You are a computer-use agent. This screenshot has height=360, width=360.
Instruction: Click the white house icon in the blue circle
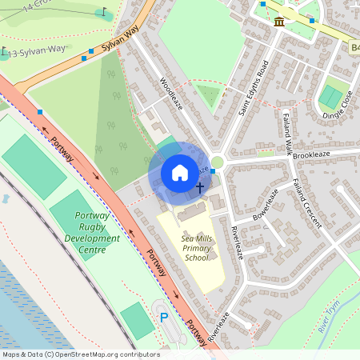click(180, 172)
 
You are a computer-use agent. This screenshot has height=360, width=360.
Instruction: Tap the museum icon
click(278, 21)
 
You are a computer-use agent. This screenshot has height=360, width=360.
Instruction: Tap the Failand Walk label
click(284, 133)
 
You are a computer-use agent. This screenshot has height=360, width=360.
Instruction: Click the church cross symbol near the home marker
click(199, 187)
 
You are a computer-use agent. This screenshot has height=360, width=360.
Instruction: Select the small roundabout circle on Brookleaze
click(218, 162)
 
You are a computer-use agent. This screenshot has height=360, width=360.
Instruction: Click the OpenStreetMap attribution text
click(81, 354)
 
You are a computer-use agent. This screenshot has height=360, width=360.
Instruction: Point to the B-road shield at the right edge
click(354, 49)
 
